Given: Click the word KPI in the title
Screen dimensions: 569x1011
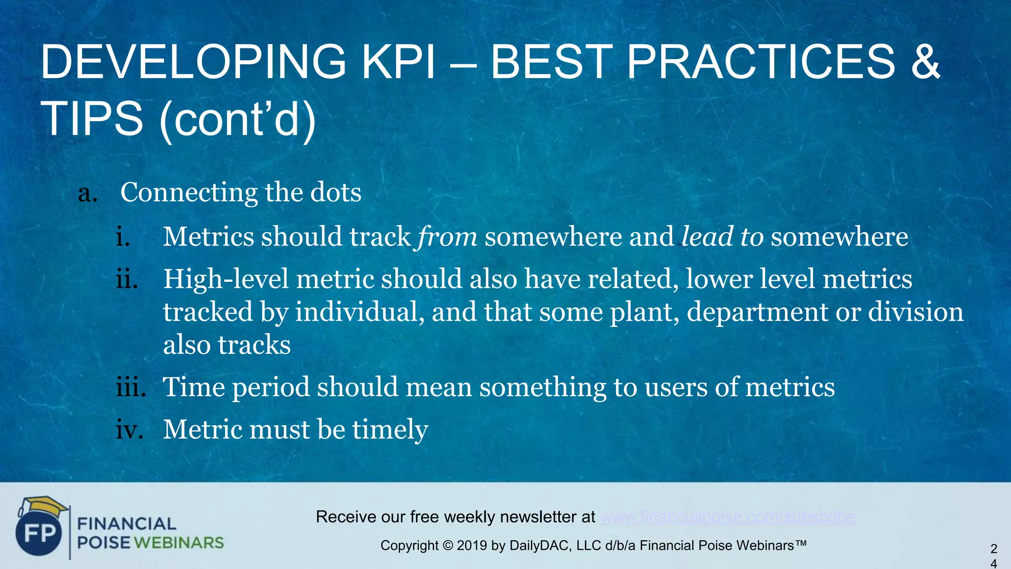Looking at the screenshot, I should (399, 62).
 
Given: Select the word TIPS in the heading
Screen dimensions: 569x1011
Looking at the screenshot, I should (91, 119).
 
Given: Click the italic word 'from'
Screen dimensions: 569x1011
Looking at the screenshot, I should (447, 237).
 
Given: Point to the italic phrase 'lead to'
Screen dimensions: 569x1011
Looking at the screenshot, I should (722, 237).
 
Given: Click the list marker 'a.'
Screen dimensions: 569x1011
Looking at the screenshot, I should (88, 193).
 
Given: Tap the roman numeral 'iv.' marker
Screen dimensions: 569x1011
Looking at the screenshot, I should (129, 429).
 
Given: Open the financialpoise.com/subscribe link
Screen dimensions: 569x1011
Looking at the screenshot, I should (728, 517).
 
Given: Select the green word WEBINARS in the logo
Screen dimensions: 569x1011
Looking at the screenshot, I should (179, 543).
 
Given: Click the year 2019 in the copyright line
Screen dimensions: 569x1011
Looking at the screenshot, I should (472, 546).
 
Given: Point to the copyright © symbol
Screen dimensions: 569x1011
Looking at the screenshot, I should (447, 546).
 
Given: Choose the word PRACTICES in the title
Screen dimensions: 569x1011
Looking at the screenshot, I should (760, 62).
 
